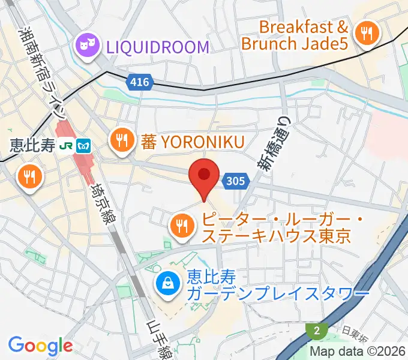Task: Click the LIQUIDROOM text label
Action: click(x=158, y=46)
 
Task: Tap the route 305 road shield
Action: click(x=235, y=180)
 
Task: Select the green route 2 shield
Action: click(x=316, y=331)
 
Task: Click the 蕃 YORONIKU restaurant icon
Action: click(x=122, y=142)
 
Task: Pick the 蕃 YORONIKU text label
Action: click(x=193, y=142)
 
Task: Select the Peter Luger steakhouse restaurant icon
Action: click(x=181, y=226)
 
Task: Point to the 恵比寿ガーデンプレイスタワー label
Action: click(x=277, y=286)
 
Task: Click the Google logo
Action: click(x=40, y=346)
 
